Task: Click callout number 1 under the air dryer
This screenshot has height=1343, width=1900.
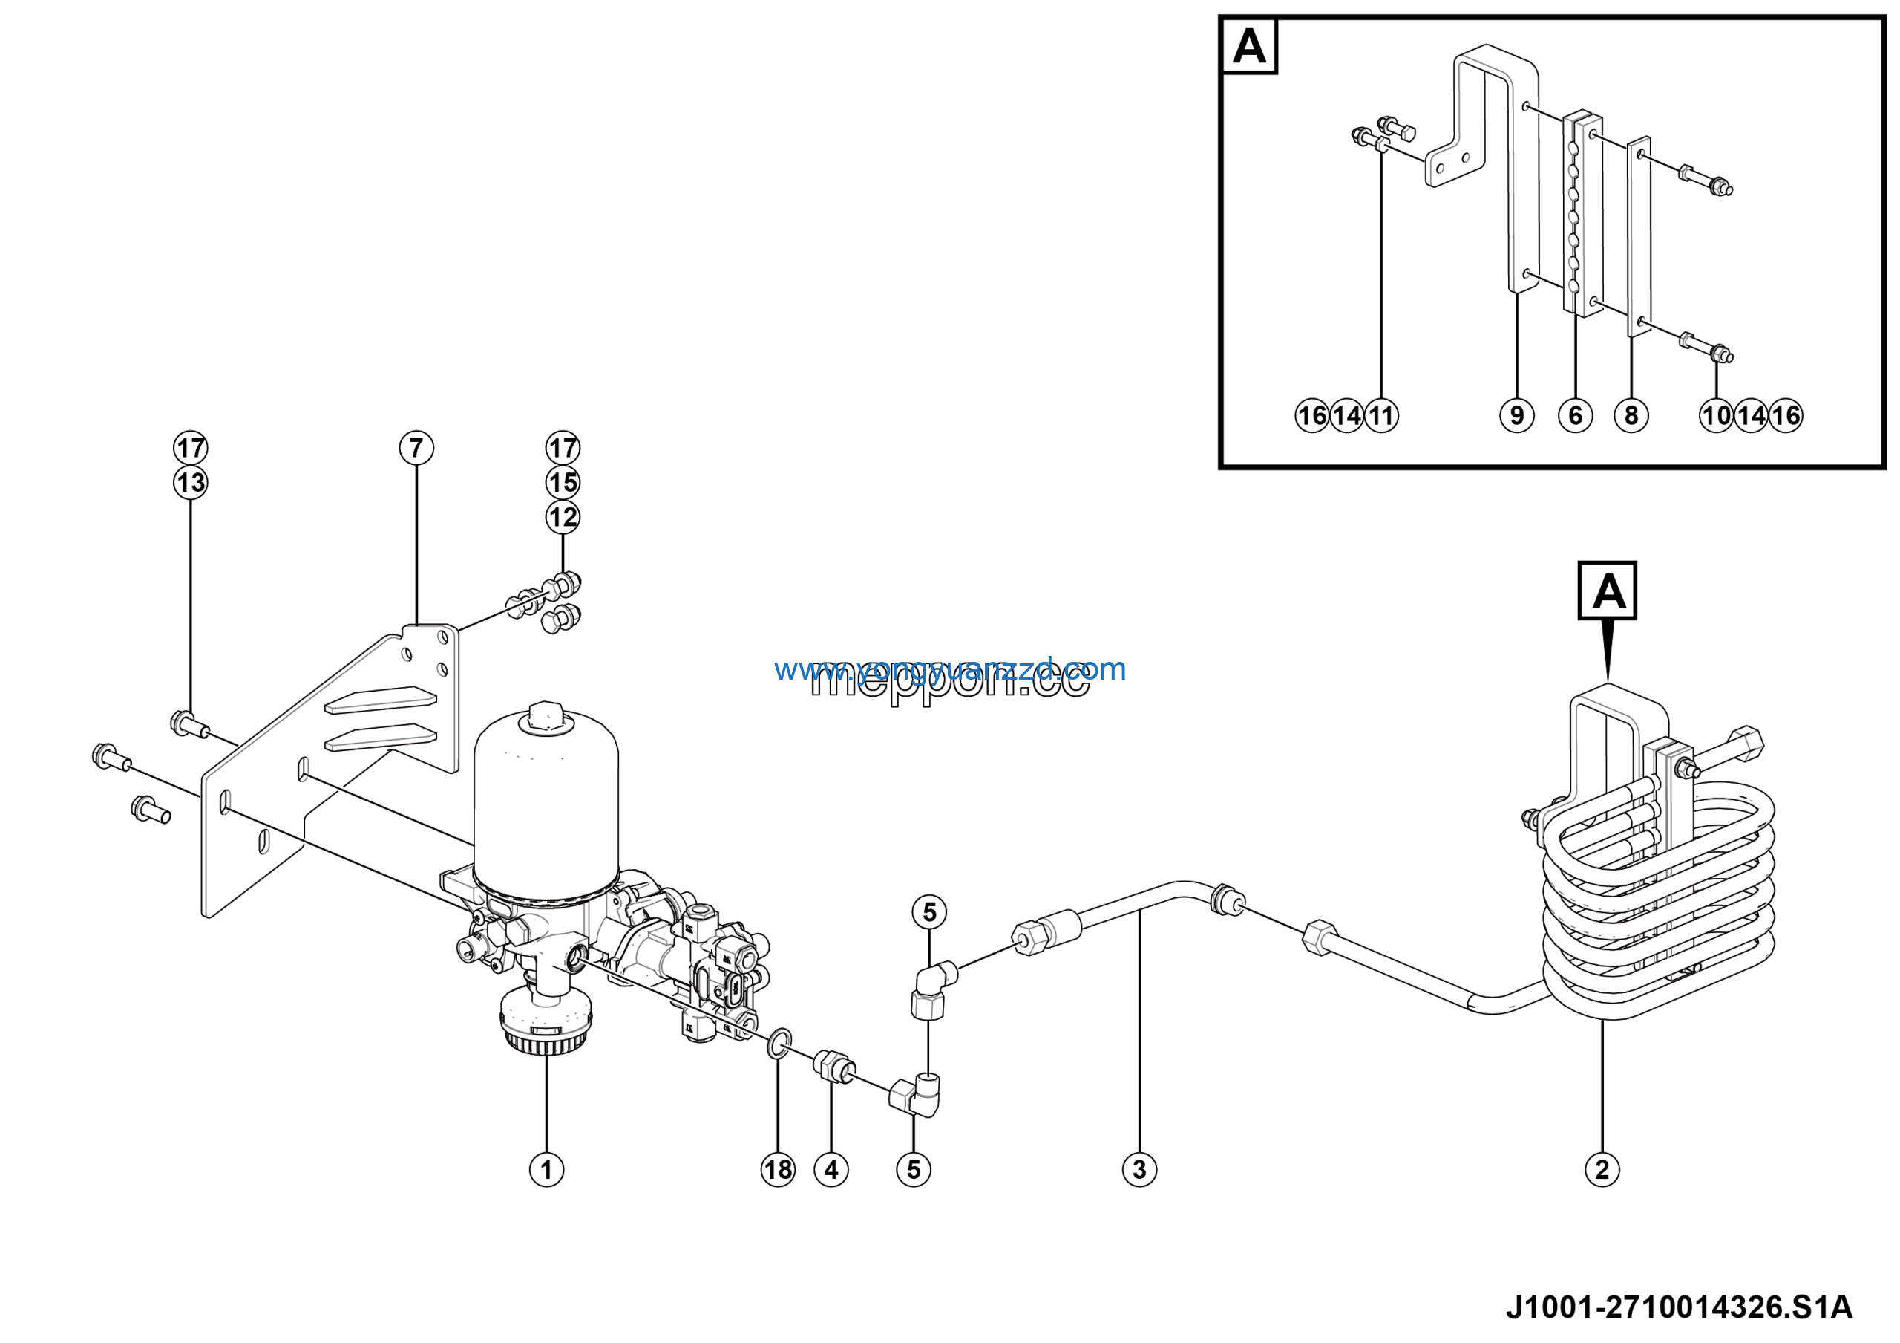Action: [546, 1170]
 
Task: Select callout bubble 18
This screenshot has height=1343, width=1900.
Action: [778, 1170]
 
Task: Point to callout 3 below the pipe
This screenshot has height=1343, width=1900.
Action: [1139, 1170]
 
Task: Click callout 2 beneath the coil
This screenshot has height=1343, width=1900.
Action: [1602, 1170]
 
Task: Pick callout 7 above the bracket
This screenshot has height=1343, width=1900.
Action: [416, 448]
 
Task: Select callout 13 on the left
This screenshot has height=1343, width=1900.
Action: [190, 483]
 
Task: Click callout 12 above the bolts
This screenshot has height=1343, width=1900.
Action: [563, 518]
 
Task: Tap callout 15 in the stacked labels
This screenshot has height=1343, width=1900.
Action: [563, 483]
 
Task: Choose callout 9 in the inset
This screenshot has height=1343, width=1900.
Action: [1517, 414]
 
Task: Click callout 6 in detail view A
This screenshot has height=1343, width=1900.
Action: [1576, 414]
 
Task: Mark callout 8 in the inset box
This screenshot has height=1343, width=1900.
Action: [1632, 414]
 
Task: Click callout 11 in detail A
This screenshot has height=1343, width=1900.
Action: [1381, 414]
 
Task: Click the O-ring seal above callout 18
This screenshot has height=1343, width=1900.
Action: [779, 1044]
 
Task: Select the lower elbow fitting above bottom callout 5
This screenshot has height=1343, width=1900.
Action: [916, 1095]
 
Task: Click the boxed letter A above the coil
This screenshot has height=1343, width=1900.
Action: [1607, 591]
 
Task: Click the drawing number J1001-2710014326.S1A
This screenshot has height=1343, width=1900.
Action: [1679, 1307]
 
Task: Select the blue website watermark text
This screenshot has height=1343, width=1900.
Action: [950, 669]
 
